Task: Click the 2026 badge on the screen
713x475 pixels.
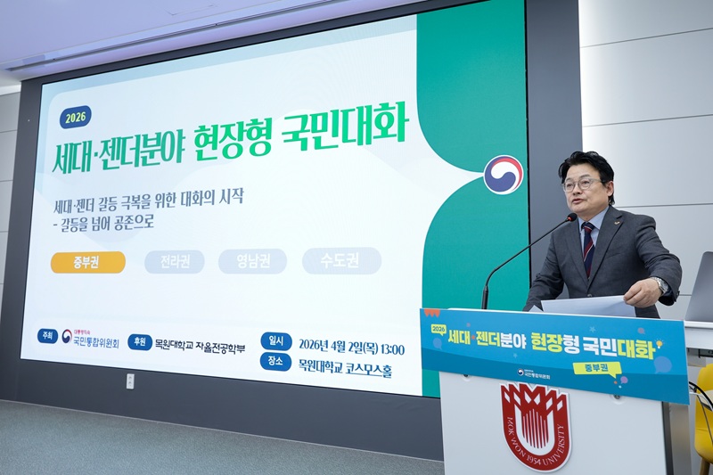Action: pyautogui.click(x=76, y=117)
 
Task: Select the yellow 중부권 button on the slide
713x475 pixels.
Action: pyautogui.click(x=87, y=262)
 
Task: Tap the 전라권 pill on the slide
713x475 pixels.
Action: pyautogui.click(x=174, y=262)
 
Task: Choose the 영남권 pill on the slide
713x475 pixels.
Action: pyautogui.click(x=252, y=261)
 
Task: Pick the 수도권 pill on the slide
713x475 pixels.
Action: pyautogui.click(x=341, y=260)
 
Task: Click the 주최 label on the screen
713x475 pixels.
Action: pyautogui.click(x=47, y=336)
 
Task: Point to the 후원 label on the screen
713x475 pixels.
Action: pyautogui.click(x=139, y=341)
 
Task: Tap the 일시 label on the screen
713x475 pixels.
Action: pyautogui.click(x=276, y=341)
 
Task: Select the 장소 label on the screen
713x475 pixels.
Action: pyautogui.click(x=276, y=362)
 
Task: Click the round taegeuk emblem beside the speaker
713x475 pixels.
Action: pyautogui.click(x=504, y=175)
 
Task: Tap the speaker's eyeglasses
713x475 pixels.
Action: pyautogui.click(x=582, y=184)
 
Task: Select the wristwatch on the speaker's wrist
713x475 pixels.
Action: pyautogui.click(x=660, y=285)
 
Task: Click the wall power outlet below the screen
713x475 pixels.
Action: pyautogui.click(x=130, y=381)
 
